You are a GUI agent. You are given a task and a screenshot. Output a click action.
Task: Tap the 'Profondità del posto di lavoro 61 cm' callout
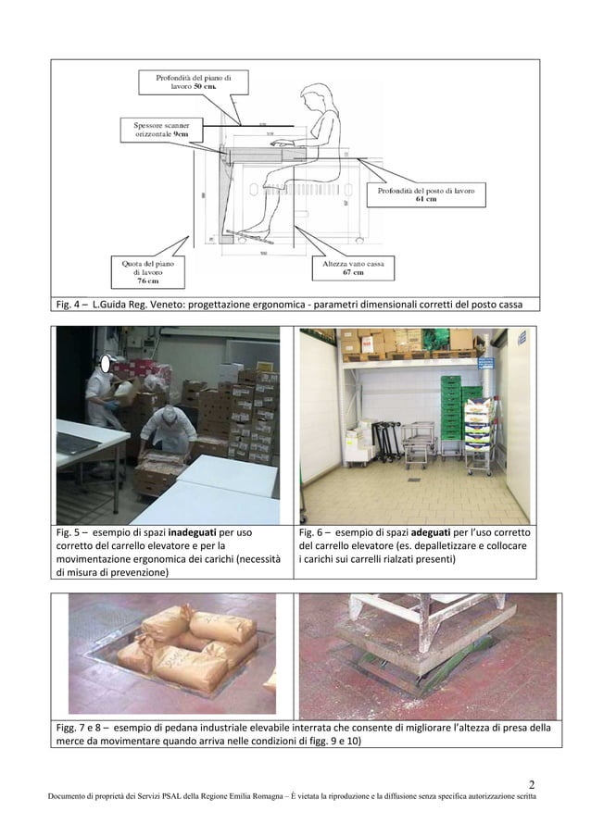[425, 194]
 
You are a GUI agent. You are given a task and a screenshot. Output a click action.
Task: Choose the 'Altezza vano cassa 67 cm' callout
[353, 268]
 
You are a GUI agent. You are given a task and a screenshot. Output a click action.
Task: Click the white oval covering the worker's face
[108, 365]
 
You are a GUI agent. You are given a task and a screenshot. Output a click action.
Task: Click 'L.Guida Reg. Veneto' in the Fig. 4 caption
[135, 305]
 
